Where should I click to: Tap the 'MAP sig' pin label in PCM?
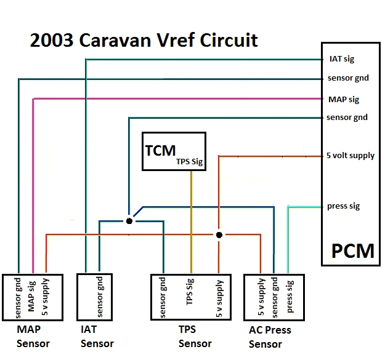[x=342, y=98]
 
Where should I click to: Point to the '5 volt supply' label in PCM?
[x=350, y=155]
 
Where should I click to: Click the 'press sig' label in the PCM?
[x=343, y=206]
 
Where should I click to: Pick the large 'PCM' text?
[x=352, y=250]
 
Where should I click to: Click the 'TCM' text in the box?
[x=160, y=150]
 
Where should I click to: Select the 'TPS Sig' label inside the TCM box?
[x=190, y=162]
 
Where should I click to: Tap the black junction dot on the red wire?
[x=219, y=235]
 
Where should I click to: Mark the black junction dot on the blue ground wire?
[x=129, y=220]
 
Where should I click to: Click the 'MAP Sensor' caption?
[x=33, y=337]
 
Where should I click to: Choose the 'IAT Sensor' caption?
[x=97, y=337]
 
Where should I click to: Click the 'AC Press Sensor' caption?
[x=270, y=337]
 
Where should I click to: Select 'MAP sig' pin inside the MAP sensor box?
[x=33, y=297]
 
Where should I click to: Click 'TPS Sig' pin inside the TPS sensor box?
[x=190, y=297]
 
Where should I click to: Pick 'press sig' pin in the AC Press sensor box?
[x=290, y=297]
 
